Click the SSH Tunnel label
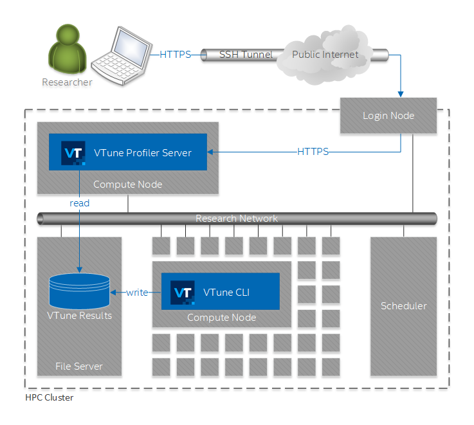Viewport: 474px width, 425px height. [246, 55]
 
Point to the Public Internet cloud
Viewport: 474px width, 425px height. [325, 55]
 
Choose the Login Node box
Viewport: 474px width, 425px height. [388, 116]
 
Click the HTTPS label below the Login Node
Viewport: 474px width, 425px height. [313, 152]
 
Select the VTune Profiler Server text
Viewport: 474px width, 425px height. [143, 152]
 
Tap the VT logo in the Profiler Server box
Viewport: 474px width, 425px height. [73, 152]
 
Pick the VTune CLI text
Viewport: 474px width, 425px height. [226, 293]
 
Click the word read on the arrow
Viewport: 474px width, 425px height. [80, 203]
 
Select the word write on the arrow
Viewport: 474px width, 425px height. [137, 293]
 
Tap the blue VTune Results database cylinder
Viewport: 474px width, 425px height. [79, 290]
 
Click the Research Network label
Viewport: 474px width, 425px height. [237, 219]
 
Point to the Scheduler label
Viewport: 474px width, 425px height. [403, 306]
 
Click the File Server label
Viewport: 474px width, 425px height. [79, 366]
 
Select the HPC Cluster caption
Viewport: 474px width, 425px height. [49, 398]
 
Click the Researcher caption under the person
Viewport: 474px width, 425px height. [67, 82]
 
